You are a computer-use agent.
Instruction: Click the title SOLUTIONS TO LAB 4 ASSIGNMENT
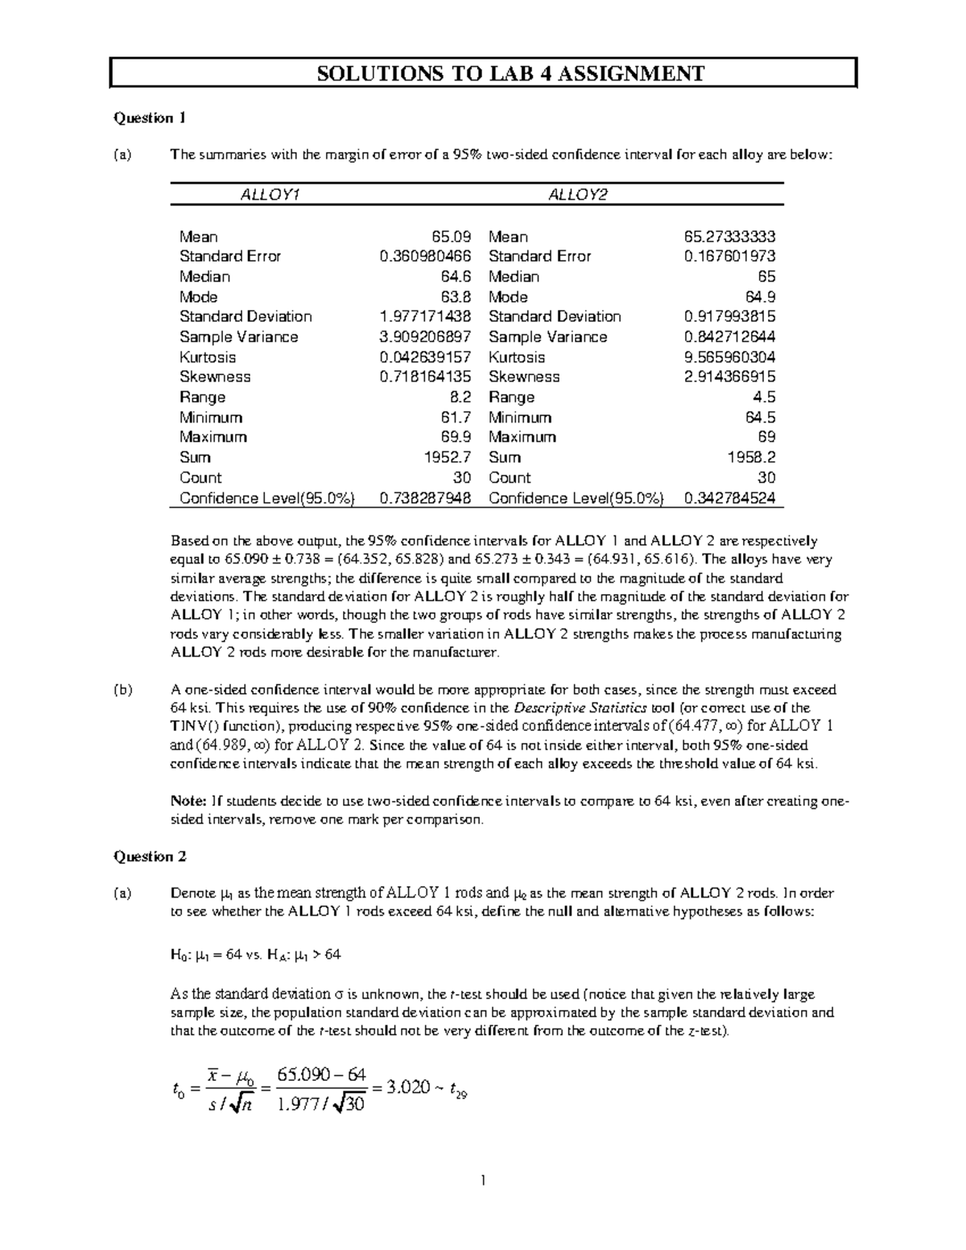[x=483, y=74]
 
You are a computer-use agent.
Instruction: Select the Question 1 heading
[x=149, y=118]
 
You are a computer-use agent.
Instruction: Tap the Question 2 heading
[x=150, y=856]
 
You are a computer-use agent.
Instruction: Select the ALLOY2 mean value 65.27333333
[x=729, y=237]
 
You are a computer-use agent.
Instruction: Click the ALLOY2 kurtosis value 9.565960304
[x=729, y=357]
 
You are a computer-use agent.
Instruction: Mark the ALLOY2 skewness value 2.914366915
[x=729, y=377]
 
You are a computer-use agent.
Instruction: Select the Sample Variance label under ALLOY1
[x=238, y=336]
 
